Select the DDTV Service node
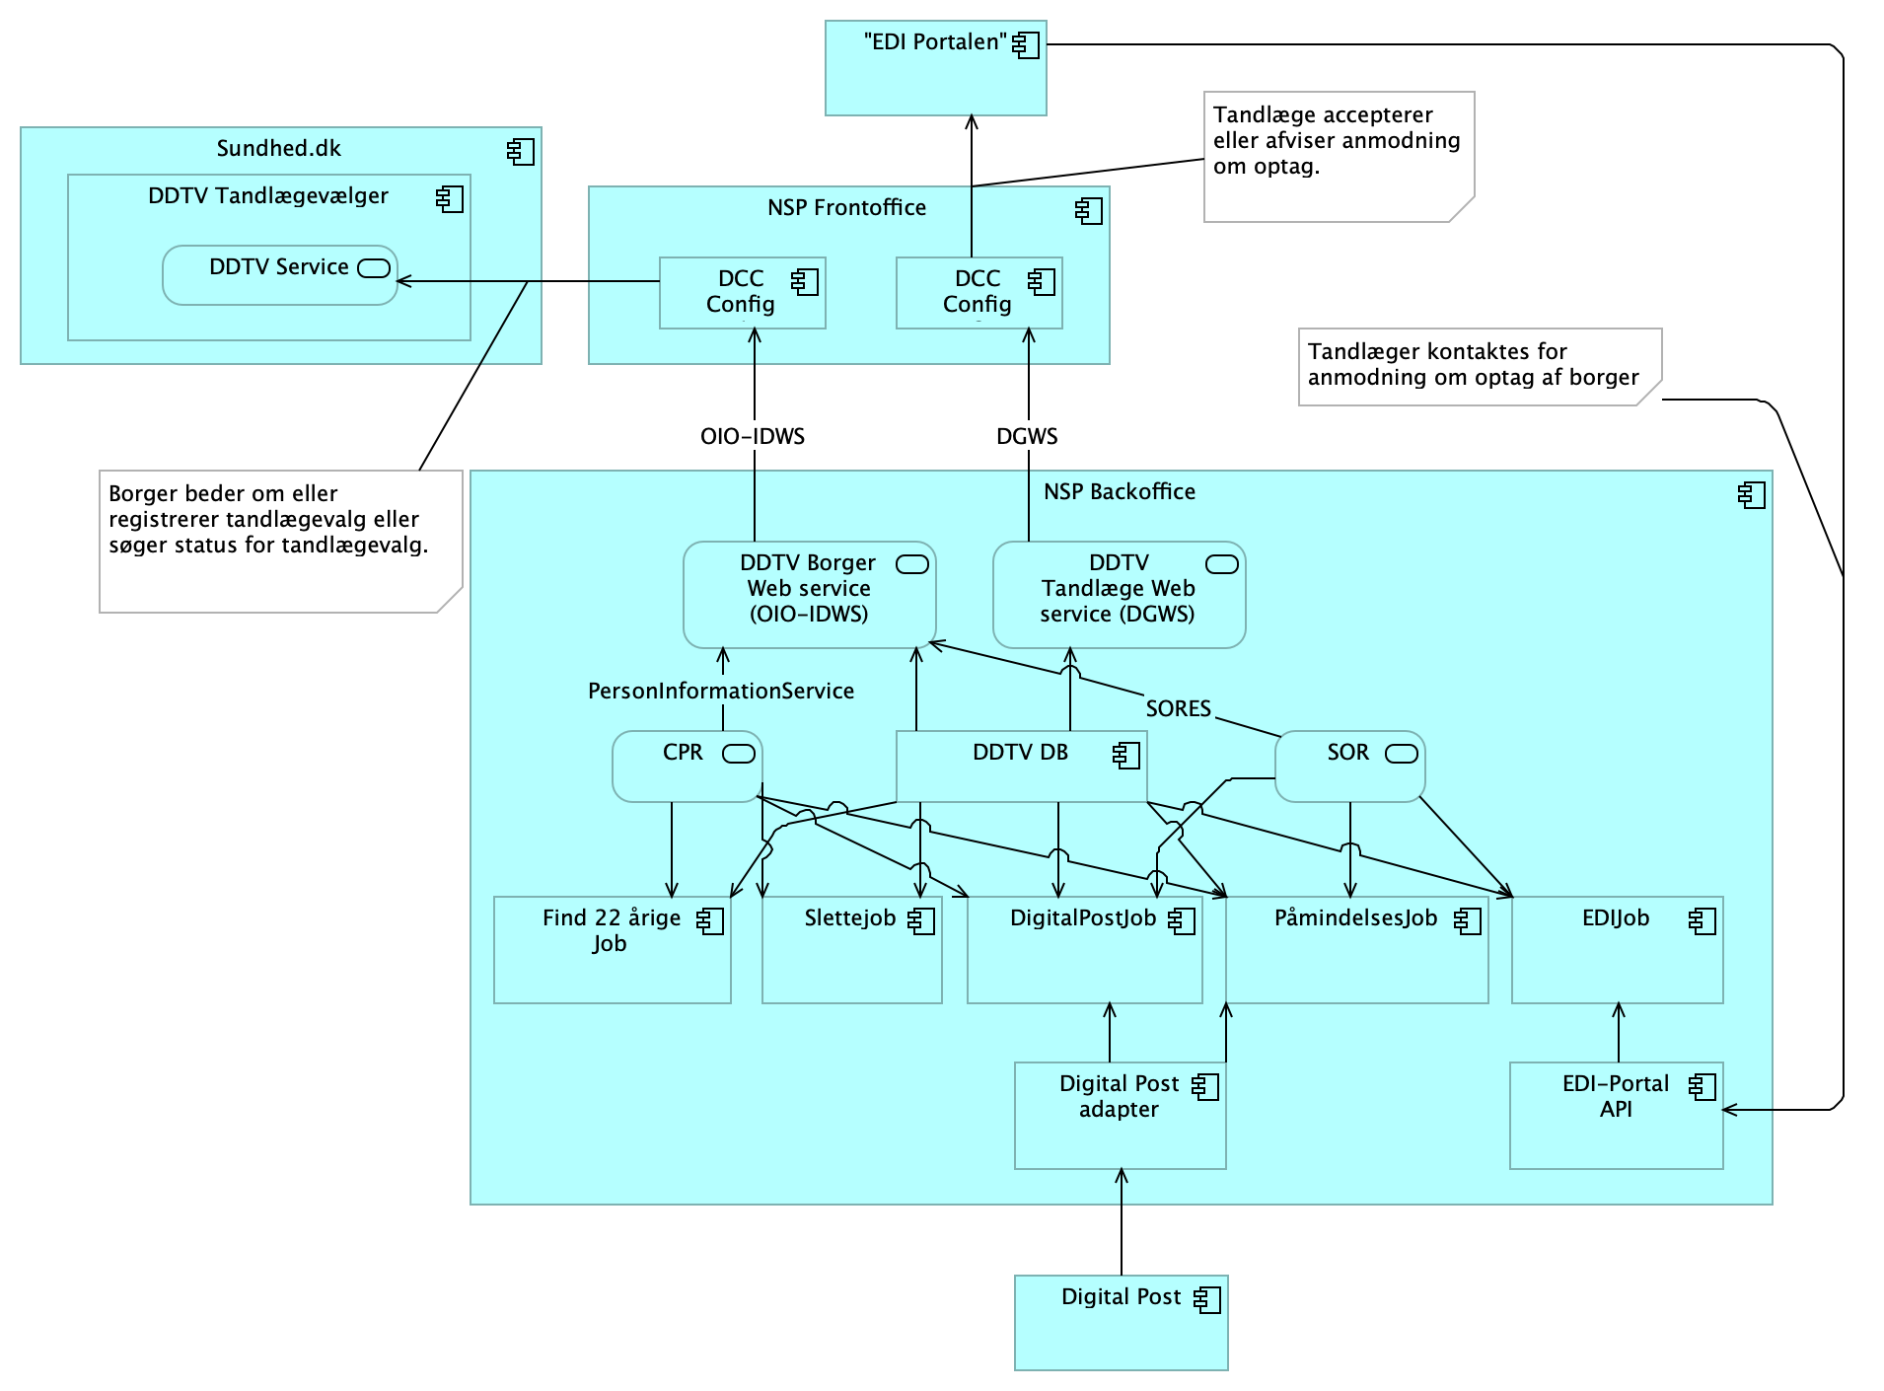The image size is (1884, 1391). point(279,275)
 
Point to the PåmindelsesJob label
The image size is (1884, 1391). point(1355,918)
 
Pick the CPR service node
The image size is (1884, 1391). point(687,766)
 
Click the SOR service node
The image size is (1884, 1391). point(1349,766)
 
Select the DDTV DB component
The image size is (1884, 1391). point(1021,766)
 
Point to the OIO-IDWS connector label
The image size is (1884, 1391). point(753,436)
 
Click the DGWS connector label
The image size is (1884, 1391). point(1027,436)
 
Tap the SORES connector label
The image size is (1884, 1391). point(1178,708)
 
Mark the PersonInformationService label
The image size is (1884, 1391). point(721,691)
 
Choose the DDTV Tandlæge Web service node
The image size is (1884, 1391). point(1119,594)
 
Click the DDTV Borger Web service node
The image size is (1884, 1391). point(809,594)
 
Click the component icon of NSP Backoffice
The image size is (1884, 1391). point(1751,495)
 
